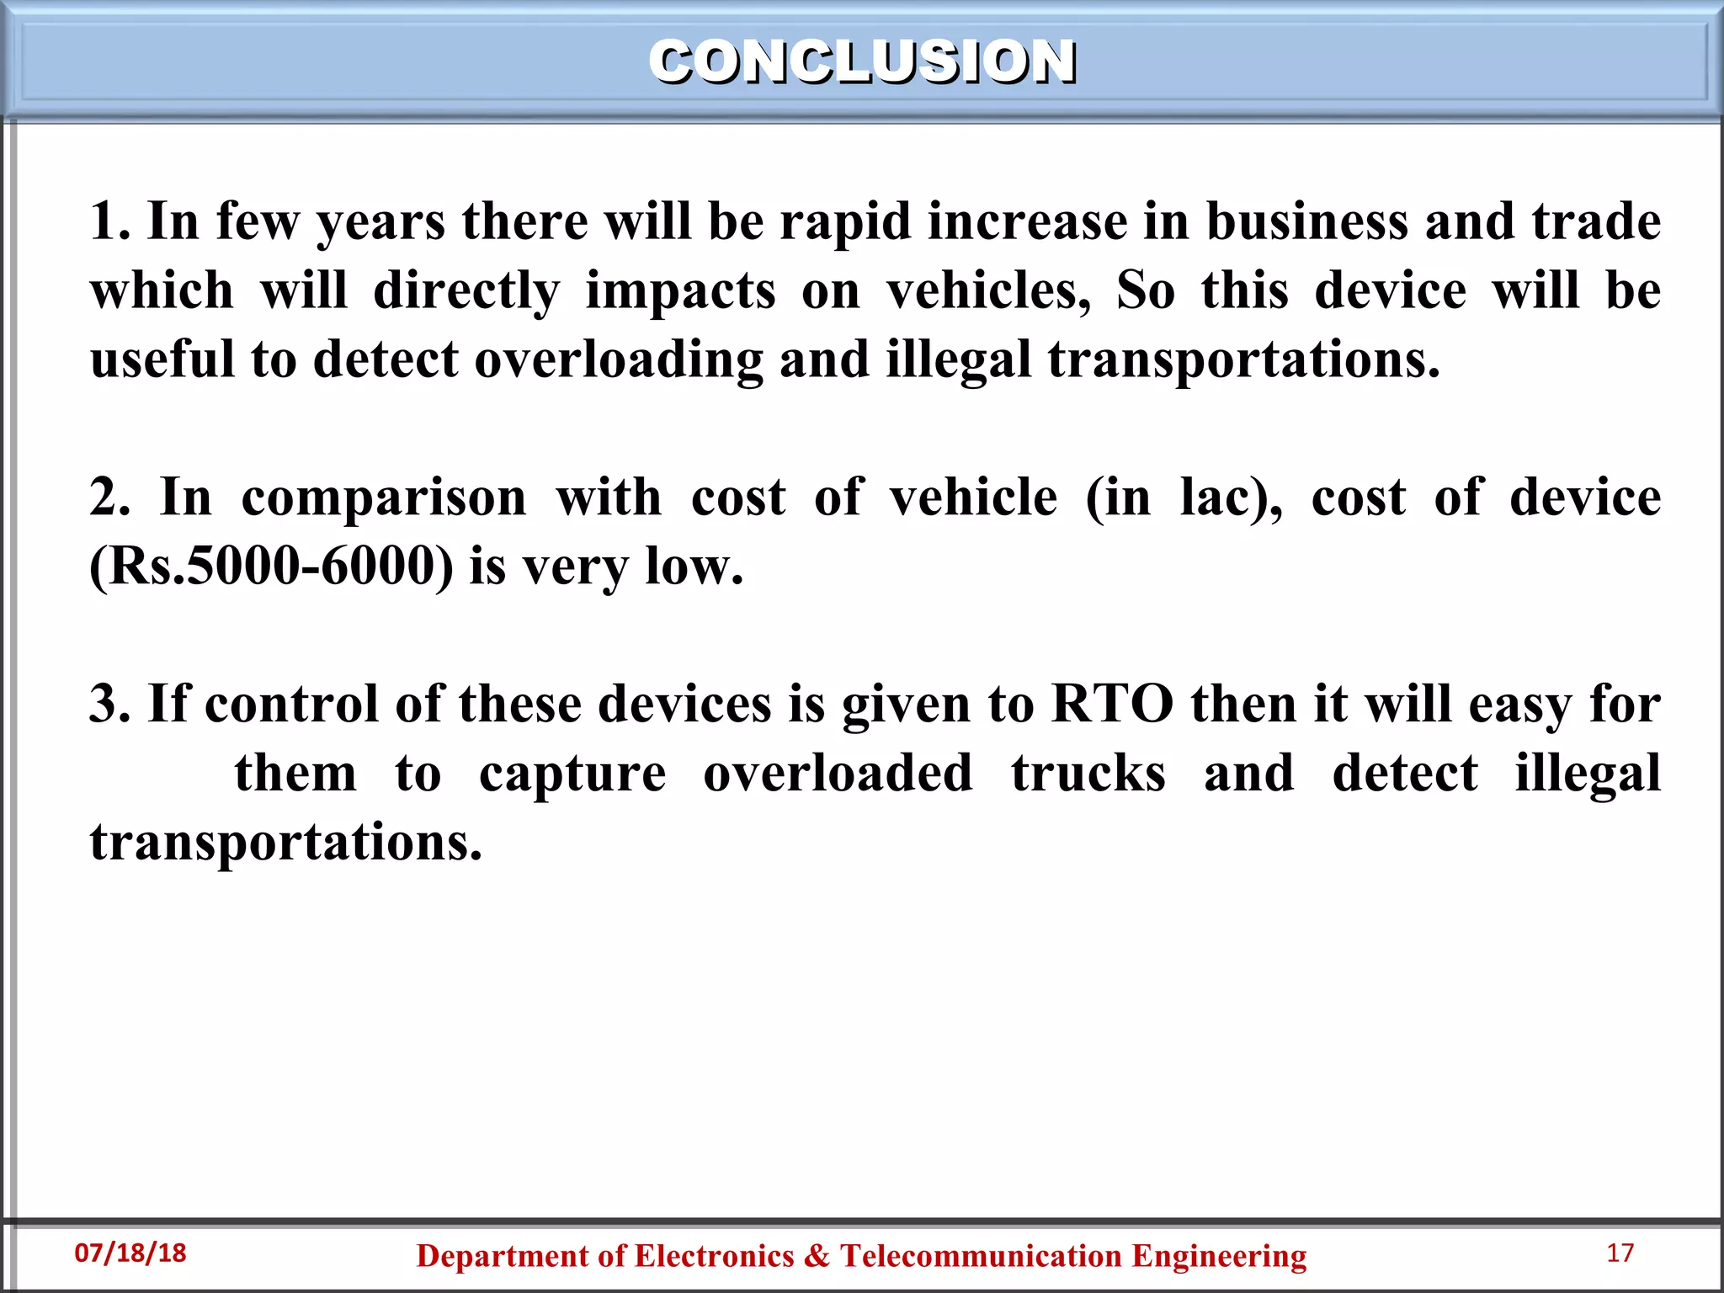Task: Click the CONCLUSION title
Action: (x=862, y=62)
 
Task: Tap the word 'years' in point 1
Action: (x=380, y=222)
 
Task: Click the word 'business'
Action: (x=1306, y=222)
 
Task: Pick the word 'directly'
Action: (x=466, y=291)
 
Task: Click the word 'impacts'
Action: (x=680, y=291)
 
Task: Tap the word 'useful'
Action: (x=162, y=360)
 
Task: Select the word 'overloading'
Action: (x=619, y=360)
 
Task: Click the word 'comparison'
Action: (x=384, y=498)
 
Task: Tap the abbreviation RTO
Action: (x=1112, y=705)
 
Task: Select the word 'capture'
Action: (x=572, y=774)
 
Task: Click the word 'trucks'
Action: (x=1088, y=774)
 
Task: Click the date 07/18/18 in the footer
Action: (x=130, y=1253)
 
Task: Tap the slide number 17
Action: (x=1620, y=1253)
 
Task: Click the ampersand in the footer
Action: (x=817, y=1256)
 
